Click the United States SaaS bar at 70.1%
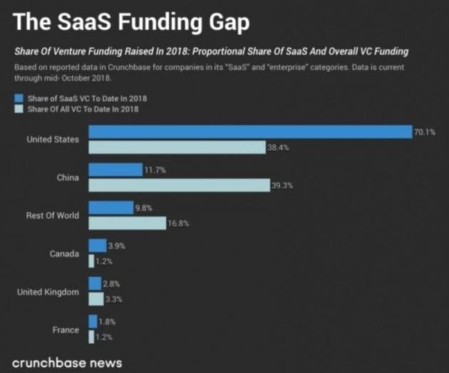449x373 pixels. click(x=249, y=132)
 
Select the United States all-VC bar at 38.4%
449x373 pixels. click(x=177, y=147)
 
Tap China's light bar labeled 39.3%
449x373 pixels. click(x=178, y=185)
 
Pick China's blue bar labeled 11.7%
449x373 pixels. click(x=115, y=169)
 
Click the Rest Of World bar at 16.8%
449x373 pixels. click(x=127, y=223)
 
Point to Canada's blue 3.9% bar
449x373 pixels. click(x=97, y=246)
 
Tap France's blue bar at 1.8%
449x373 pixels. click(x=93, y=321)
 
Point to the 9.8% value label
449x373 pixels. click(x=143, y=208)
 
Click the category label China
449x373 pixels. click(x=68, y=177)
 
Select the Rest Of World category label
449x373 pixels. click(x=53, y=215)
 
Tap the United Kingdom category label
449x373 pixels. click(x=48, y=292)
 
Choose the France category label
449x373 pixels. click(x=66, y=330)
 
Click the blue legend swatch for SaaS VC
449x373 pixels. click(x=19, y=98)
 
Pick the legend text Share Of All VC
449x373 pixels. click(x=83, y=109)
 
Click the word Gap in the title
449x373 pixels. click(x=224, y=23)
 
